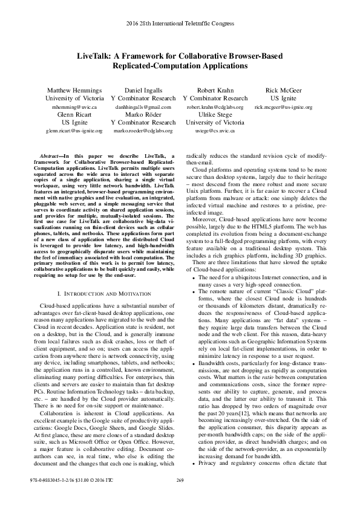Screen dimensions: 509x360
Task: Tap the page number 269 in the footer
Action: (180, 497)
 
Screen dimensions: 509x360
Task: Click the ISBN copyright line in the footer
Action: (57, 497)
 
